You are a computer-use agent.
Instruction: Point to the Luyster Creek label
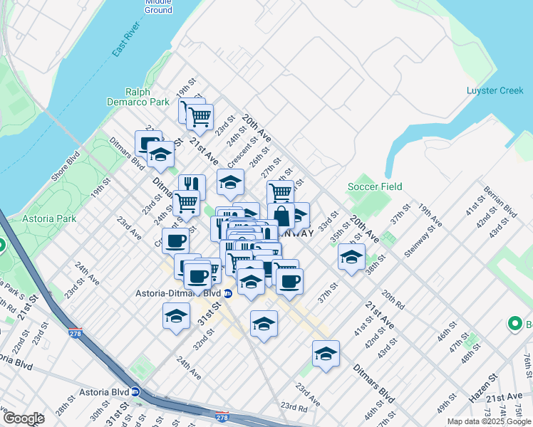495,90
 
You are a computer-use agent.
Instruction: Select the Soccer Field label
375,186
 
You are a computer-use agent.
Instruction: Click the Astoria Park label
49,218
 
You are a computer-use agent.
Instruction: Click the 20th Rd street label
393,299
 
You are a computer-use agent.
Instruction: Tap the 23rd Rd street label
293,408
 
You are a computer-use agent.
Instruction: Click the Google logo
23,418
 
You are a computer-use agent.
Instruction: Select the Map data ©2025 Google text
489,421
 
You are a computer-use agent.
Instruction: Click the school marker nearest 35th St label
351,258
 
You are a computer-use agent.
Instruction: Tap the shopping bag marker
281,214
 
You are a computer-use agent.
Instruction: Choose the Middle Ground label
158,6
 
